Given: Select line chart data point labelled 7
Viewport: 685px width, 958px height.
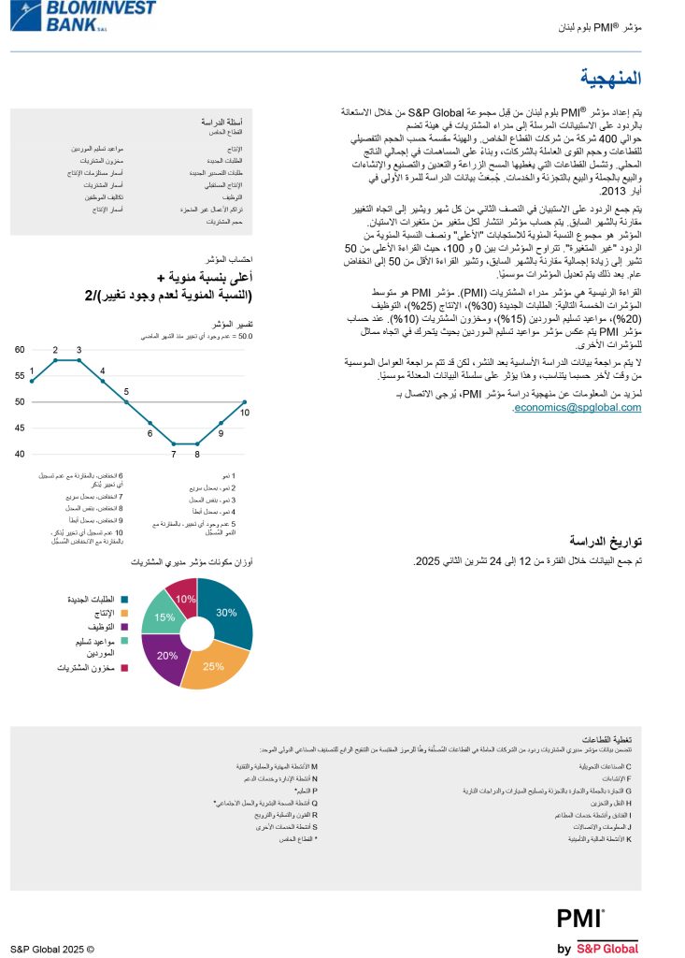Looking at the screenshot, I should [x=174, y=443].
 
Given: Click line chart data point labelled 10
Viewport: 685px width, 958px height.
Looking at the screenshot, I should [x=245, y=402].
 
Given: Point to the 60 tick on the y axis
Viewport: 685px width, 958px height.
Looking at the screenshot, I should [x=19, y=350].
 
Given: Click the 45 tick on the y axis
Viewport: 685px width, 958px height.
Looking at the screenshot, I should [x=19, y=428].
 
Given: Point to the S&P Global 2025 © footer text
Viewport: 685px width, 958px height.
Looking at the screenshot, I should [x=52, y=948].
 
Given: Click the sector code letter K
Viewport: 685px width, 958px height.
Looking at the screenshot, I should [x=629, y=839].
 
